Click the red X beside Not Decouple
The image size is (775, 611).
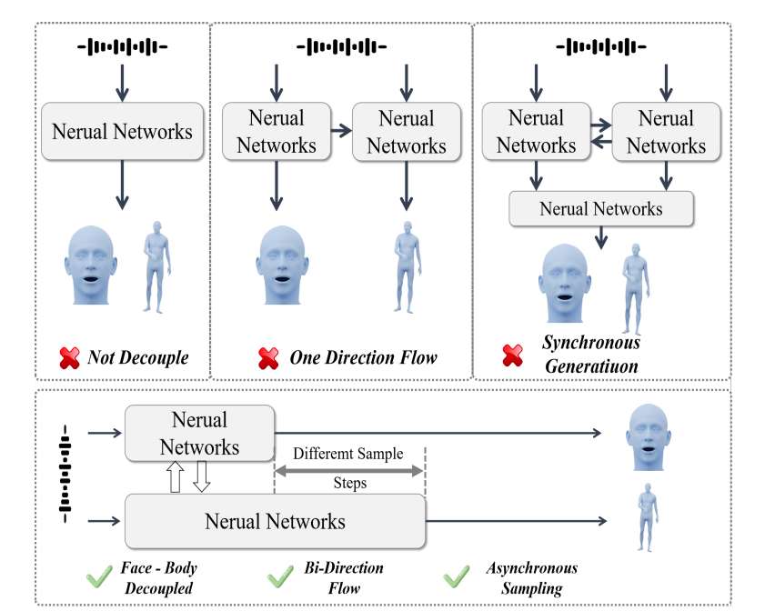click(70, 357)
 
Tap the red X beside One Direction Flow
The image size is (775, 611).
click(268, 357)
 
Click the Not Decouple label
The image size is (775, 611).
click(137, 357)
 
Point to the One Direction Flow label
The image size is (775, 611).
click(363, 357)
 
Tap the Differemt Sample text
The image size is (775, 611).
click(349, 454)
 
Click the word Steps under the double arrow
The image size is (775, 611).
click(349, 484)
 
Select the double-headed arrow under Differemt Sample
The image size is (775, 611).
click(349, 469)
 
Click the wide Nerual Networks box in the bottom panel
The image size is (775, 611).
click(275, 521)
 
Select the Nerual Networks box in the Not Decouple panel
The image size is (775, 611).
click(123, 131)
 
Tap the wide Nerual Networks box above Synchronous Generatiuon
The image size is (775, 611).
click(601, 209)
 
